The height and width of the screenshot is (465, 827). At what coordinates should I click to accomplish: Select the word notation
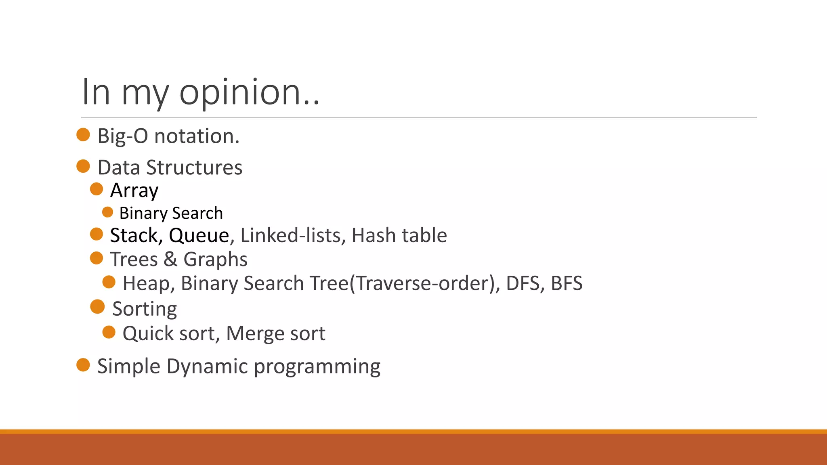tap(197, 136)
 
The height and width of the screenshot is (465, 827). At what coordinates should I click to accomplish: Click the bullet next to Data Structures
tap(83, 166)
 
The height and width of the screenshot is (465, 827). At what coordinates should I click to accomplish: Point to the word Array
tap(134, 191)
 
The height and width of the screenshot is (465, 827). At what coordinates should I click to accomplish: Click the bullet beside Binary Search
tap(108, 212)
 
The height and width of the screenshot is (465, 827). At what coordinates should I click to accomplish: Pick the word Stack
tap(136, 235)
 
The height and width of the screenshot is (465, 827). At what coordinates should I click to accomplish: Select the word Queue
tap(199, 235)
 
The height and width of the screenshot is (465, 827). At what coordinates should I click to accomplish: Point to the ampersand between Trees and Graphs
tap(170, 259)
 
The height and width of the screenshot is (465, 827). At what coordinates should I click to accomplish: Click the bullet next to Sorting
tap(97, 307)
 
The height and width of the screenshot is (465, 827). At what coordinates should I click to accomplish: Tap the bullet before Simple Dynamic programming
tap(83, 365)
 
